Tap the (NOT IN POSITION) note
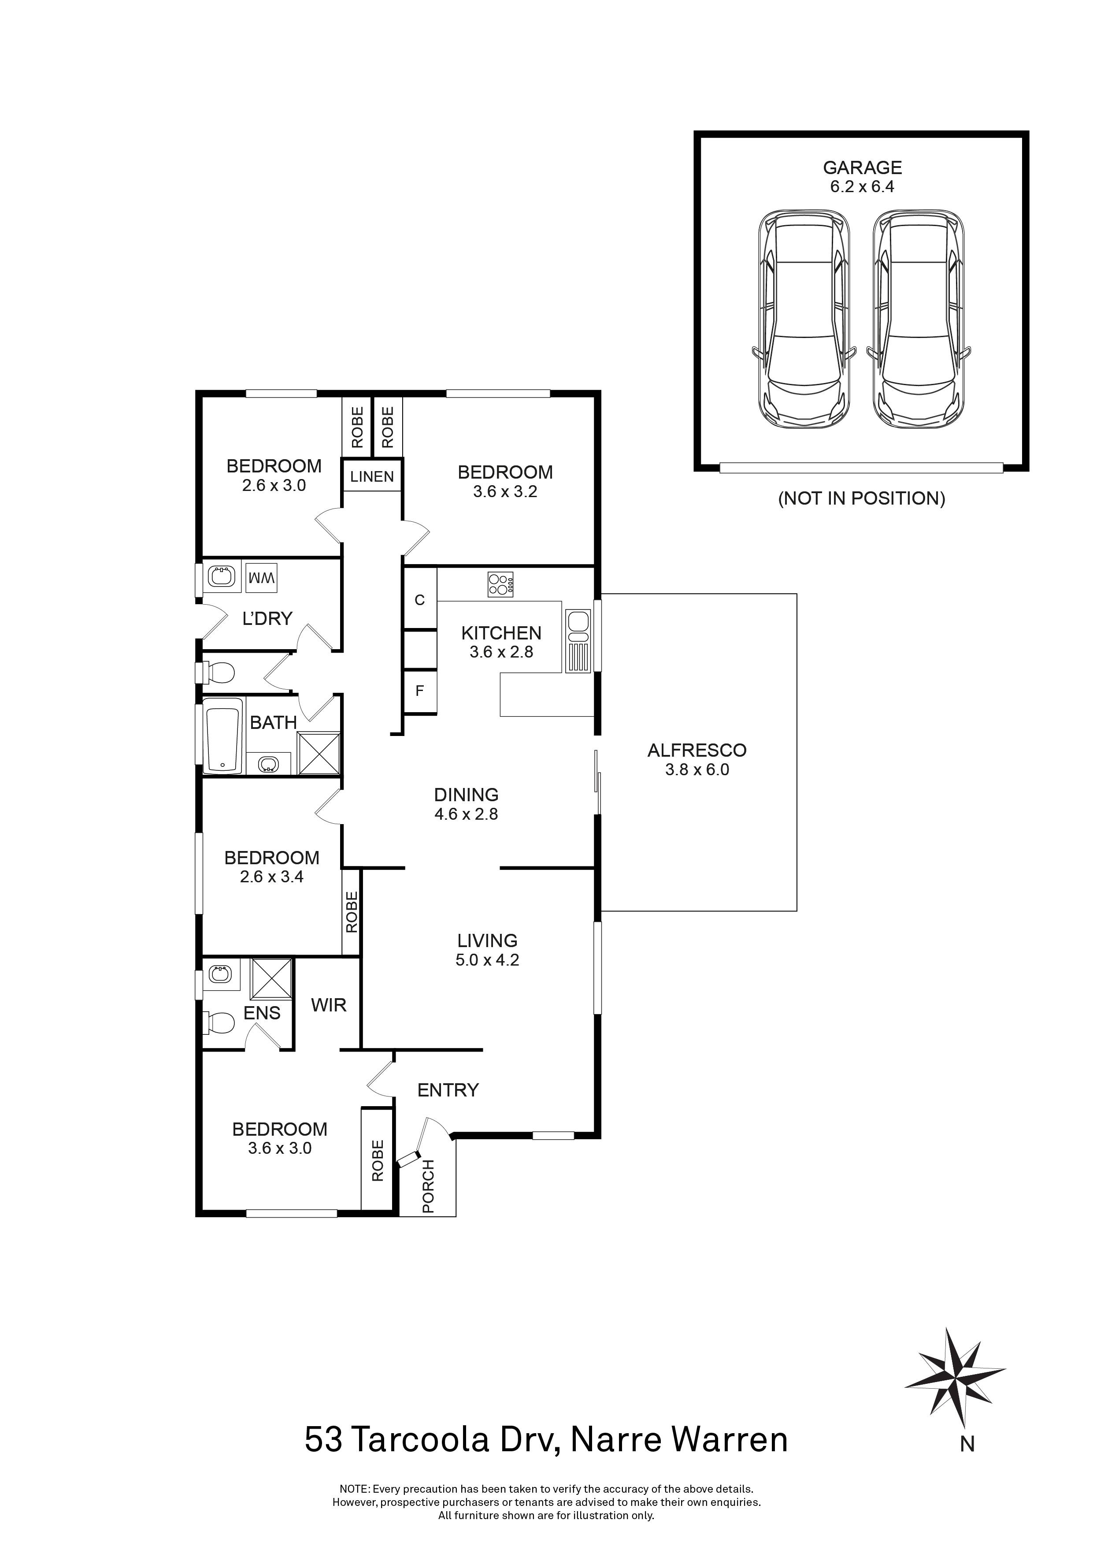coord(861,498)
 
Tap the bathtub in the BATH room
coord(223,736)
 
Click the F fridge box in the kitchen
coord(420,691)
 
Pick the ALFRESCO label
coord(697,750)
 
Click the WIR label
coord(329,1005)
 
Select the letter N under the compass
coord(967,1444)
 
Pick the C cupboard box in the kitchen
coord(420,600)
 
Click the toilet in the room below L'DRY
coord(221,672)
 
